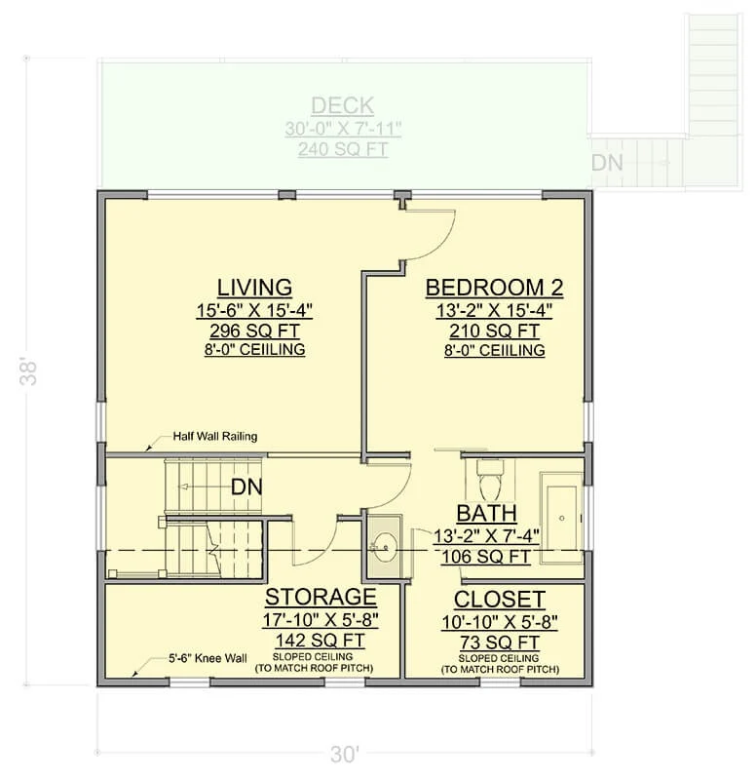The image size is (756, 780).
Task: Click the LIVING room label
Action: [254, 288]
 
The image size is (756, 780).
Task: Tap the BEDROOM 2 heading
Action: [494, 288]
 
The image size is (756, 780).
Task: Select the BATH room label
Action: [486, 514]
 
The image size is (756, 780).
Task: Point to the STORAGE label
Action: [321, 597]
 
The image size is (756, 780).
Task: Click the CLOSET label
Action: [500, 600]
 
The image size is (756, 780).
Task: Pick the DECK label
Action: [343, 106]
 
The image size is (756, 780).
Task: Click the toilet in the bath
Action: [490, 480]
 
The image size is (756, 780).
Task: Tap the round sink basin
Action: [385, 547]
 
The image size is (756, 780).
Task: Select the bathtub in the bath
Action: [562, 518]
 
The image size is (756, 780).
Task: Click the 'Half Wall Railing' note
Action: [214, 436]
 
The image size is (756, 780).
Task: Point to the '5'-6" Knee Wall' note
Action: [208, 659]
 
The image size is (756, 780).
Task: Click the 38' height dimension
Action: [29, 370]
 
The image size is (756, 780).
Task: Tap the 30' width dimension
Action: [344, 755]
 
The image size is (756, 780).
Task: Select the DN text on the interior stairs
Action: [246, 487]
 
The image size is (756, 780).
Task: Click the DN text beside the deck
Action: [607, 163]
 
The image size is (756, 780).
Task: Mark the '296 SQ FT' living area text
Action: [254, 331]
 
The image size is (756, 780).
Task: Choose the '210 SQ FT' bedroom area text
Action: [494, 331]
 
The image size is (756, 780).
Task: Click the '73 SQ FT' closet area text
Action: [500, 643]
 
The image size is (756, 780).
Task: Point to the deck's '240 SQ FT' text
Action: [343, 149]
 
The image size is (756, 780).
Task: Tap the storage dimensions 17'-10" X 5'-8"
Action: [321, 620]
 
